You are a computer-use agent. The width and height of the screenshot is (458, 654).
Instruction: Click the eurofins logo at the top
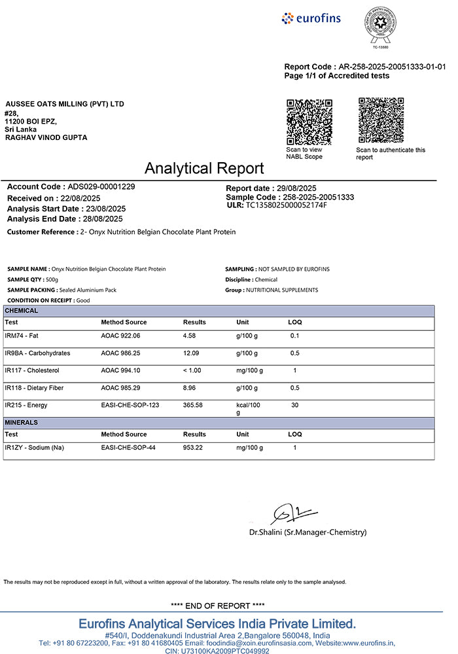[311, 18]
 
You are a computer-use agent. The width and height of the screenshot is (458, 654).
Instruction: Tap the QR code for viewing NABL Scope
[309, 122]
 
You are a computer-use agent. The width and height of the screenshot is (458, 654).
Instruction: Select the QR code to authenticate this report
[381, 120]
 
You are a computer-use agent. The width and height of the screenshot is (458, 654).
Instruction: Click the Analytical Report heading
[204, 168]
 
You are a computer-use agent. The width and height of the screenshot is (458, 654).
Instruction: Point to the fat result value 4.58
[190, 336]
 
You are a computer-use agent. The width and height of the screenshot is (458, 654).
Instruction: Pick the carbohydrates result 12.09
[192, 353]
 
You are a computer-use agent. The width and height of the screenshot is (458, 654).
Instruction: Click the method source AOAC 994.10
[120, 371]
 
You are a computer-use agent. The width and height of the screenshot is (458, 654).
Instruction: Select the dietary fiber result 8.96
[190, 388]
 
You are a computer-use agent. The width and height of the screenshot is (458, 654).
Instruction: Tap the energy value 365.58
[193, 405]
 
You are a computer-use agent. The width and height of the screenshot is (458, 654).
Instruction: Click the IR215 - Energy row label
[33, 405]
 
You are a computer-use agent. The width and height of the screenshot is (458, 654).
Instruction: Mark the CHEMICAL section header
[22, 311]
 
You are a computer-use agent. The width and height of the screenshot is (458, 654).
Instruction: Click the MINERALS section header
[22, 422]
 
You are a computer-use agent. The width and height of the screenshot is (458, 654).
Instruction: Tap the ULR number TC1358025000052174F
[286, 205]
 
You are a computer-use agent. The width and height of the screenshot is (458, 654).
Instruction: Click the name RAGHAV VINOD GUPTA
[46, 137]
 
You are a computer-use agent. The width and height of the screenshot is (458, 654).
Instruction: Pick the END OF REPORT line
[219, 606]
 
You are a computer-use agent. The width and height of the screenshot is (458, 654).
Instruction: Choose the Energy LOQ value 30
[295, 405]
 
